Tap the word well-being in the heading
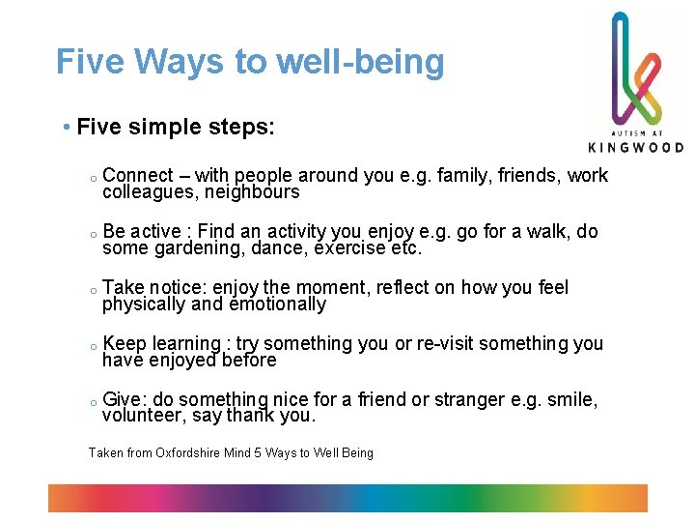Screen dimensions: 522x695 pos(360,62)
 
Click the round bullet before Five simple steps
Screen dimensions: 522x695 pos(64,129)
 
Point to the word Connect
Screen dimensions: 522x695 pos(137,176)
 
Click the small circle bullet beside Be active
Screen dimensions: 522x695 pos(88,234)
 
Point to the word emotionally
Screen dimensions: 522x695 pos(279,304)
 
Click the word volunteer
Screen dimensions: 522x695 pos(142,417)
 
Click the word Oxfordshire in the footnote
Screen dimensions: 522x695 pos(201,452)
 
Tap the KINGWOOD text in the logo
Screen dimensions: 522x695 pos(635,147)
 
